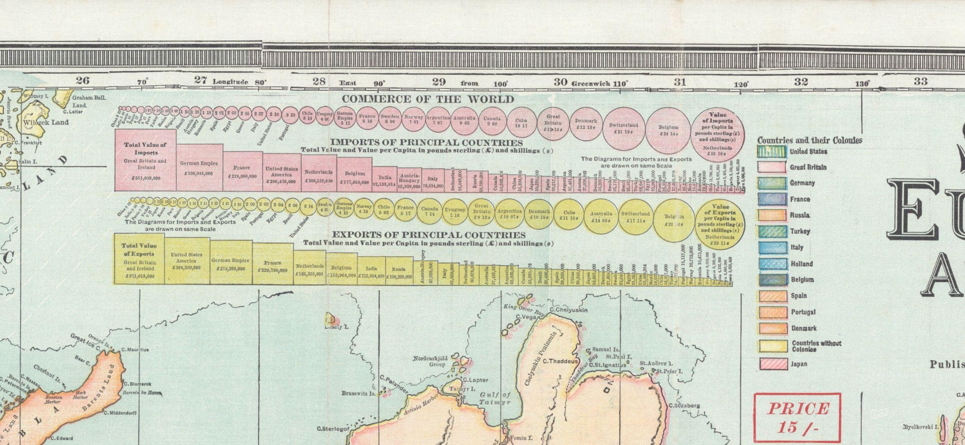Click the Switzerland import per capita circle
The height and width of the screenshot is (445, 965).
[623, 127]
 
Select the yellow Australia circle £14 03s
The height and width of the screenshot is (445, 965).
[601, 216]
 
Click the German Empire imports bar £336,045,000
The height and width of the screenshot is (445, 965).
[199, 168]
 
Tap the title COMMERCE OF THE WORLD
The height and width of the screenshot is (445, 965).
[428, 99]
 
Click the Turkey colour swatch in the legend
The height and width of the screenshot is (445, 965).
[772, 232]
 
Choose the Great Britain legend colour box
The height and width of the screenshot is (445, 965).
[772, 167]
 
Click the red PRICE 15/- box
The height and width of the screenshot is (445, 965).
[797, 417]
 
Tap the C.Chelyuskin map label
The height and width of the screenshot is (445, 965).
[569, 310]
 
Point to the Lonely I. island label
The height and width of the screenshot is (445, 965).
[337, 327]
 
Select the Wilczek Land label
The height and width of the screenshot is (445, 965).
[46, 122]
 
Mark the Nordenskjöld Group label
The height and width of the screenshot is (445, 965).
[431, 361]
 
